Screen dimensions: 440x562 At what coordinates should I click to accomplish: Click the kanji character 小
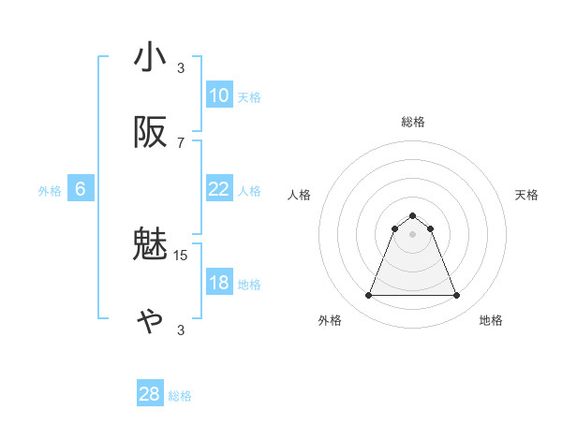click(150, 58)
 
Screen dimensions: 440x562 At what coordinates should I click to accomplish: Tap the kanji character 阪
click(150, 134)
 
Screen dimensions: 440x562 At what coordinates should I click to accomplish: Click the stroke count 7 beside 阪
click(181, 142)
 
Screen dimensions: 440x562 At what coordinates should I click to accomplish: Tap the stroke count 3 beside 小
click(181, 67)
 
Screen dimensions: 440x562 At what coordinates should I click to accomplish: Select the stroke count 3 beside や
click(181, 330)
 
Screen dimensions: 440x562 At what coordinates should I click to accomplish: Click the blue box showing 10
click(219, 95)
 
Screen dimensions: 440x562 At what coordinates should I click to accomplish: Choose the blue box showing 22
click(219, 189)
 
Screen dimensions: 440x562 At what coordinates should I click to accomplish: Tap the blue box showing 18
click(219, 283)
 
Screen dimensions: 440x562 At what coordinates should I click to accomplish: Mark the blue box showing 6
click(81, 189)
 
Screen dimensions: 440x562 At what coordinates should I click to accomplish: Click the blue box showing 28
click(150, 394)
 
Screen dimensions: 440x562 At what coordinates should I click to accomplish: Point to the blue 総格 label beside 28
click(180, 396)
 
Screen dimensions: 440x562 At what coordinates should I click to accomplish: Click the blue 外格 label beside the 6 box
click(50, 191)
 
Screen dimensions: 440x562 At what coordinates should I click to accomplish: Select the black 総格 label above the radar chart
click(412, 122)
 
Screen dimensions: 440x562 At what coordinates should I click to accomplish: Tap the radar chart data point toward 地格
click(456, 296)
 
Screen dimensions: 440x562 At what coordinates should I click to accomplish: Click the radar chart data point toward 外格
click(368, 296)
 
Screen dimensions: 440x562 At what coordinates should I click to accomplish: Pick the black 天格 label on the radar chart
click(527, 195)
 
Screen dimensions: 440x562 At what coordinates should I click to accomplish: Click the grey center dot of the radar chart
click(412, 234)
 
